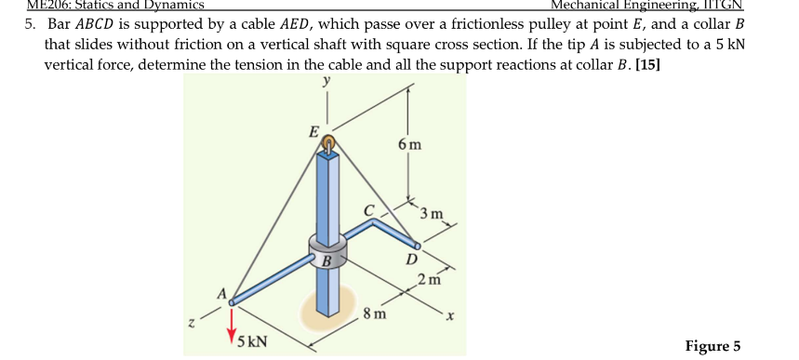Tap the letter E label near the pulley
click(x=314, y=131)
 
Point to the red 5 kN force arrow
click(x=229, y=324)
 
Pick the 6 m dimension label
click(x=408, y=145)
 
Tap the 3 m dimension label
click(x=433, y=216)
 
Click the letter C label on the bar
click(x=368, y=211)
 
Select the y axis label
click(x=326, y=82)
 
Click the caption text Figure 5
click(x=712, y=346)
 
